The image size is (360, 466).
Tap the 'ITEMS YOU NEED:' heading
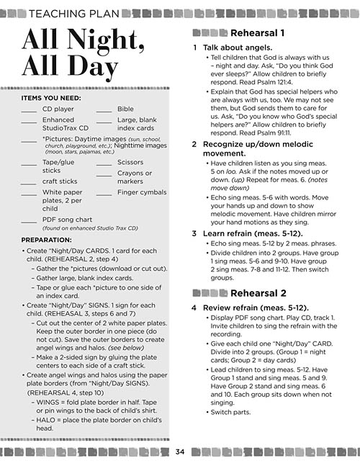click(51, 97)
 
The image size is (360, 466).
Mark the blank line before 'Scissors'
click(104, 163)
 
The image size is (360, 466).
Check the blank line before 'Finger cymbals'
click(104, 194)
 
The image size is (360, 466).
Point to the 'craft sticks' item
click(60, 182)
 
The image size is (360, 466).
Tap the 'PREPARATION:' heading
click(47, 239)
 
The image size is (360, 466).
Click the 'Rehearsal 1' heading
click(256, 33)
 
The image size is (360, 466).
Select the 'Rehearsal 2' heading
click(256, 293)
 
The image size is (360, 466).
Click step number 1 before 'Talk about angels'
click(195, 47)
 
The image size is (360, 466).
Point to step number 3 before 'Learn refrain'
click(195, 233)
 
